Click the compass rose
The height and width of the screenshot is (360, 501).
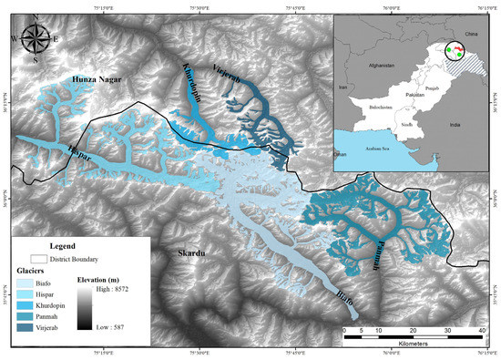click(36, 38)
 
